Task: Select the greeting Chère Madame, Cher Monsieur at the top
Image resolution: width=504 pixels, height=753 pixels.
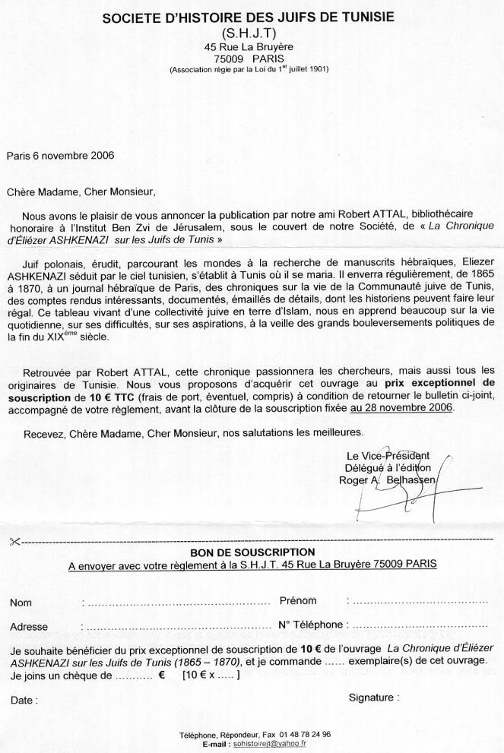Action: (80, 191)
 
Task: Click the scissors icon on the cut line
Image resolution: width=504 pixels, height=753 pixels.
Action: (14, 541)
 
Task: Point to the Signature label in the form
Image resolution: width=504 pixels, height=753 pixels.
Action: (373, 697)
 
